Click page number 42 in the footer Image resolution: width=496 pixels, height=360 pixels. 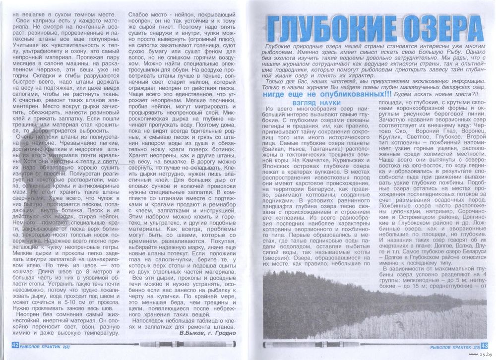(14, 345)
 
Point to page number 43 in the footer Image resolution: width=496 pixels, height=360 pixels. (484, 346)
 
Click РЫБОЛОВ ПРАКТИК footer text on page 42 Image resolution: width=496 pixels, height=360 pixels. (44, 345)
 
